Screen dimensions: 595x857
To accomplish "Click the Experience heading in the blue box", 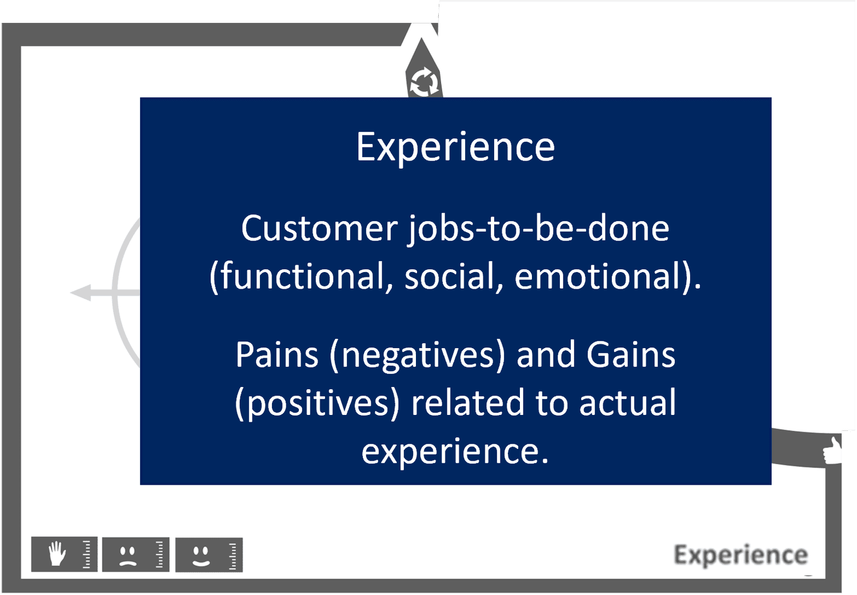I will tap(455, 147).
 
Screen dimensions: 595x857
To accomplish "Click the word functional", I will tap(303, 277).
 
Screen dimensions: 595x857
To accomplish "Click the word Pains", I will tap(277, 355).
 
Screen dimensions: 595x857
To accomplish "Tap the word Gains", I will tap(631, 355).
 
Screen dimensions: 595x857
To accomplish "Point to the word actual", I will tap(627, 402).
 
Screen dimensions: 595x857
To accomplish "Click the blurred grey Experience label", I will tap(740, 555).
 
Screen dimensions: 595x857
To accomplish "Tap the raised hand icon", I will tap(57, 554).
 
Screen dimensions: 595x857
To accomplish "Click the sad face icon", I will tap(127, 555).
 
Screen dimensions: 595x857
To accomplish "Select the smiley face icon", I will tap(201, 555).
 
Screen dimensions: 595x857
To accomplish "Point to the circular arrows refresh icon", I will tap(423, 82).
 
